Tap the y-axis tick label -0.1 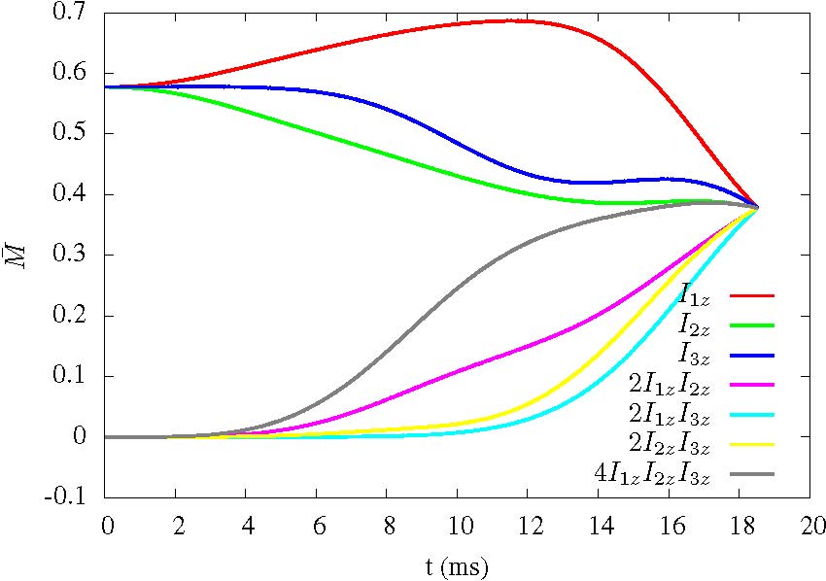(x=72, y=497)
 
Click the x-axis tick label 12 (x=528, y=527)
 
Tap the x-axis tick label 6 (x=317, y=527)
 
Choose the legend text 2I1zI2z (x=671, y=385)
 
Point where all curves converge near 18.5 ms (x=757, y=207)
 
